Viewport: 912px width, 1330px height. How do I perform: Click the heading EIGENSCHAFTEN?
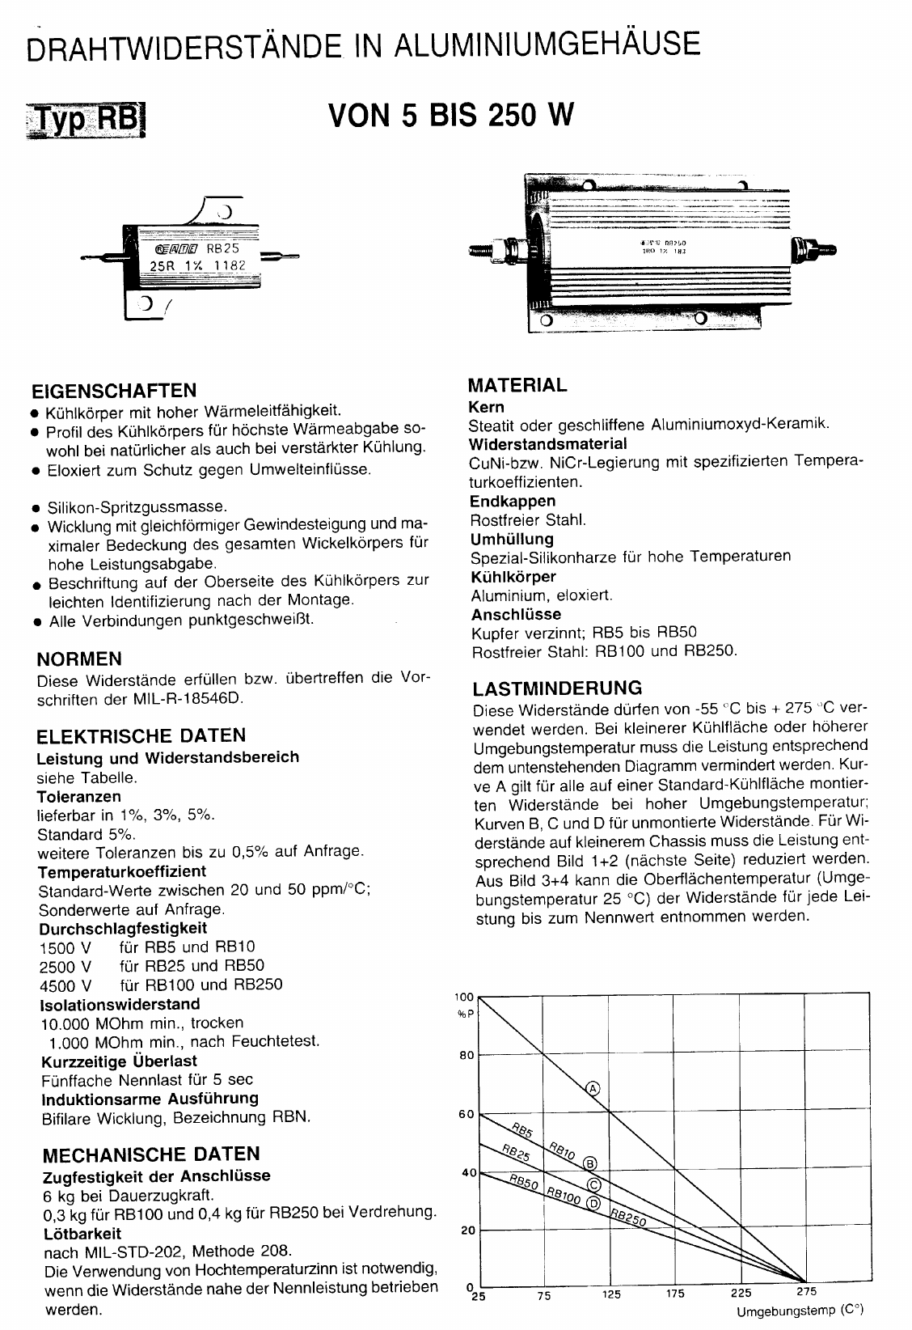(x=113, y=390)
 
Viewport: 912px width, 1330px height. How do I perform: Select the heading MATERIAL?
(x=518, y=385)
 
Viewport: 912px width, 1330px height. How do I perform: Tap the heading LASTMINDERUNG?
(x=557, y=688)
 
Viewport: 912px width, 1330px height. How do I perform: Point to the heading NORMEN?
(x=80, y=658)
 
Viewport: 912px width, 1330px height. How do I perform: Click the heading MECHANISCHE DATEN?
(x=150, y=1154)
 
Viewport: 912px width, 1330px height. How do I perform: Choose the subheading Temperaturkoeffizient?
(x=122, y=871)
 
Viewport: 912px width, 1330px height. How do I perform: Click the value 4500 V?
(x=65, y=985)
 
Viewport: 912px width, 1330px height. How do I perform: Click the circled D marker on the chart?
(x=595, y=1205)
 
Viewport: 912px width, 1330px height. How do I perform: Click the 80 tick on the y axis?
(x=467, y=1055)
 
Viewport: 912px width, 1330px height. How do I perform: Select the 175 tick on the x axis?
(x=674, y=1293)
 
